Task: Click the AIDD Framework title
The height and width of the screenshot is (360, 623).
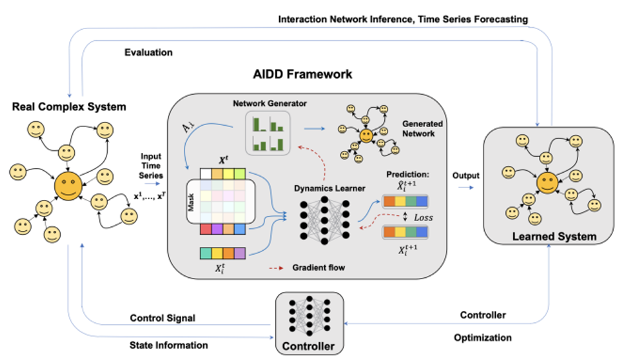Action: click(304, 75)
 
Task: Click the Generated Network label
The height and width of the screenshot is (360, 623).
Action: click(422, 129)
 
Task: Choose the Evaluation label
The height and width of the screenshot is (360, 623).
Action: click(148, 52)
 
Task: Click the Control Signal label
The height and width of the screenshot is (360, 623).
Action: click(162, 318)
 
